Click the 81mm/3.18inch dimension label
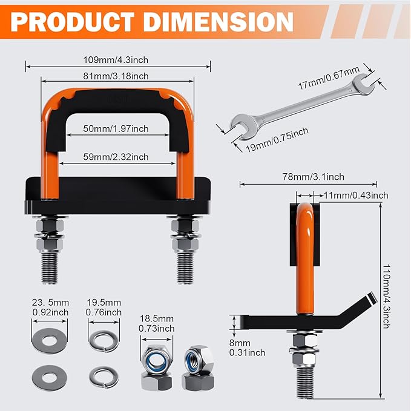pyautogui.click(x=117, y=76)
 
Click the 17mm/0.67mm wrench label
pyautogui.click(x=329, y=79)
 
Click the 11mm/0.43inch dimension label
pyautogui.click(x=357, y=196)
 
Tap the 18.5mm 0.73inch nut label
pyautogui.click(x=157, y=323)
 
